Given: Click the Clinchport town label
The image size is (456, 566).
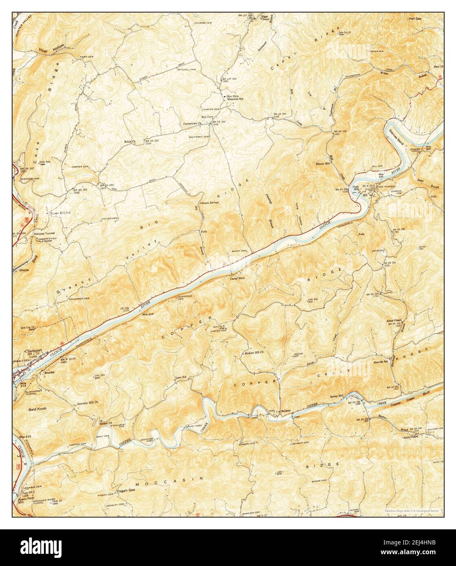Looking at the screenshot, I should point(34,350).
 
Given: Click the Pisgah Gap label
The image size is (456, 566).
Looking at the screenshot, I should point(118,490).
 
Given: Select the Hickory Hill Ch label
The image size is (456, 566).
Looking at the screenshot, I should point(254,352).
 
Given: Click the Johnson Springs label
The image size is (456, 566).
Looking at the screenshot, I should point(209,202).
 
